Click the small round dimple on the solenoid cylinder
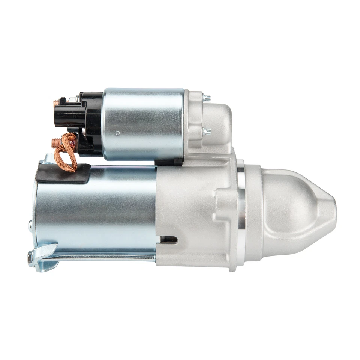click(x=118, y=133)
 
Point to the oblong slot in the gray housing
click(x=169, y=239)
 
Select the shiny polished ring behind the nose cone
click(x=241, y=210)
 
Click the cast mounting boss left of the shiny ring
click(x=221, y=202)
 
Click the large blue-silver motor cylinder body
click(x=97, y=210)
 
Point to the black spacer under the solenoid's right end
click(x=169, y=161)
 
